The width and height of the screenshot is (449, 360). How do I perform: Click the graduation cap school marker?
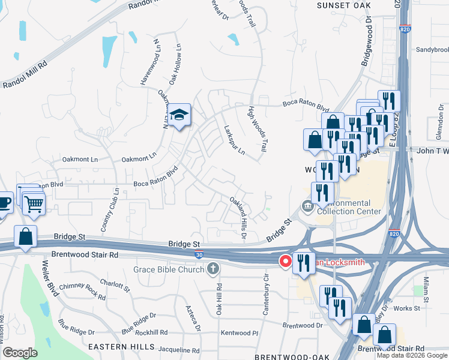[x=178, y=115]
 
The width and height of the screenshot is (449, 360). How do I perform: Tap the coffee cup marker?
[x=4, y=202]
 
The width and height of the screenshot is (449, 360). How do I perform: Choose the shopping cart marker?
[x=34, y=204]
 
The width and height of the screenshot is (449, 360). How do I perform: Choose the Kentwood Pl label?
[x=239, y=332]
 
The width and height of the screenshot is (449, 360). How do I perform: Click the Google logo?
[x=20, y=353]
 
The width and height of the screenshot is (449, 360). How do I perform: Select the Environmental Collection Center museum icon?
[x=307, y=206]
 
